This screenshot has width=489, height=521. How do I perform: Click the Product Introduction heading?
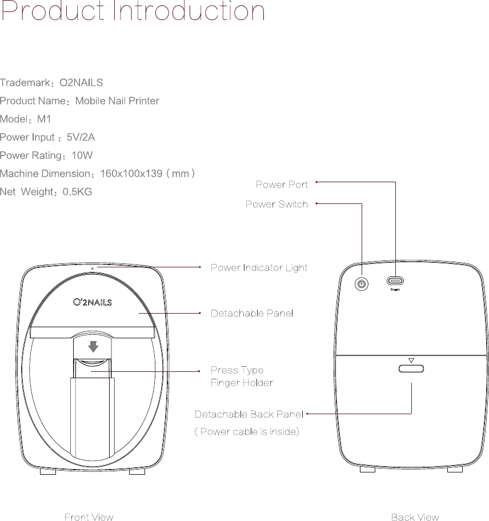(x=133, y=13)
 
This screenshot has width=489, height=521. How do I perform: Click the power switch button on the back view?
(x=361, y=283)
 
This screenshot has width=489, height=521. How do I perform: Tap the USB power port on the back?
(x=395, y=281)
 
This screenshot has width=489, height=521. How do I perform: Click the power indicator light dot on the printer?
(x=91, y=267)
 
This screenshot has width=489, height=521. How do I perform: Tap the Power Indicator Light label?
(x=259, y=267)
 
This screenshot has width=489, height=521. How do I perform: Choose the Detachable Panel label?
(x=252, y=313)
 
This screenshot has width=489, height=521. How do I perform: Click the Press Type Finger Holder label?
(x=241, y=376)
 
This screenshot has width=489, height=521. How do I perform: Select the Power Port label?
(x=282, y=185)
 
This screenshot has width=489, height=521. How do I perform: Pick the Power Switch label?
(x=276, y=204)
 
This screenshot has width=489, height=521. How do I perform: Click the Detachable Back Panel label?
(x=248, y=414)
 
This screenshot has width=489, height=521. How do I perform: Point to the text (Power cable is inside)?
(x=247, y=431)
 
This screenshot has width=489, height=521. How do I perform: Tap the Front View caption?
(x=89, y=517)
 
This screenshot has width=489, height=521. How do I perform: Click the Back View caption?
(x=415, y=517)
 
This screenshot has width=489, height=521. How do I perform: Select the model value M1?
(x=44, y=119)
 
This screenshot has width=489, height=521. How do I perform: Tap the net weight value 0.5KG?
(x=77, y=191)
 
